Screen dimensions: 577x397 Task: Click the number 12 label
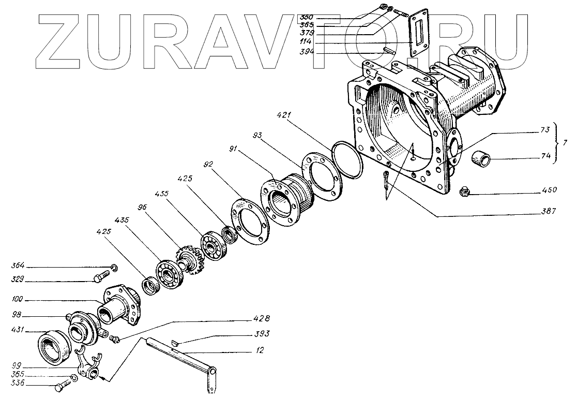259,350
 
